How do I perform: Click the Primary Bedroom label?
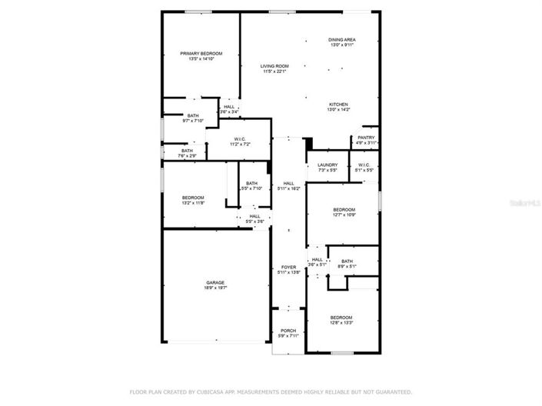coord(201,53)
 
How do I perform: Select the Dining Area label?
coord(342,39)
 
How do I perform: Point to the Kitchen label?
coord(339,105)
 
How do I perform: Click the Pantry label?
coord(366,138)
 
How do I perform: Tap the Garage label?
coord(215,282)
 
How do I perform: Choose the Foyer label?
coord(288,267)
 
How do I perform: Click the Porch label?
coord(288,331)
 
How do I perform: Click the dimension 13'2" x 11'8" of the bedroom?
coord(193,203)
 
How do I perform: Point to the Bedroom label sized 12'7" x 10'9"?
coord(344,210)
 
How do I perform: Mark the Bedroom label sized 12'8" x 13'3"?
coord(341,318)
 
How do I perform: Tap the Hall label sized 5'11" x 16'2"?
coord(289,183)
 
